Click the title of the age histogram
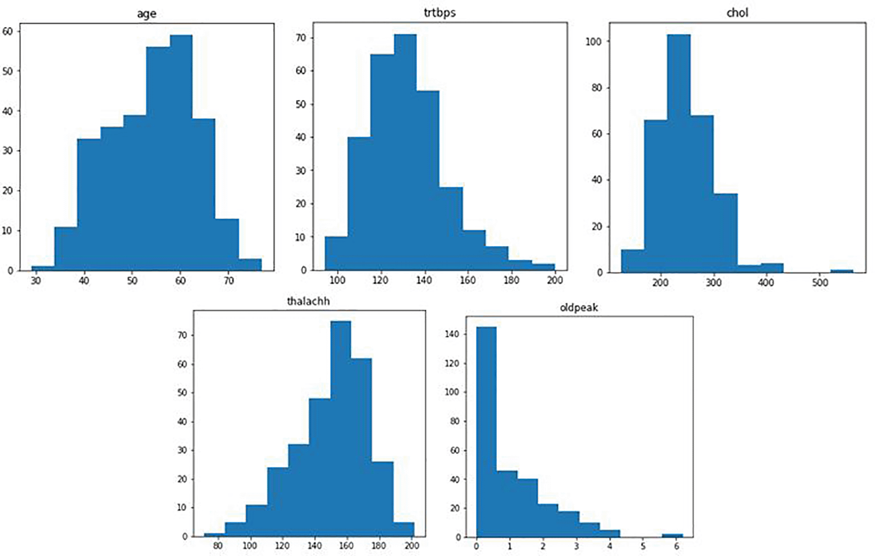pyautogui.click(x=146, y=14)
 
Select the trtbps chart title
pyautogui.click(x=440, y=13)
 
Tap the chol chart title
pyautogui.click(x=737, y=13)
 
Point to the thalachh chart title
pyautogui.click(x=308, y=301)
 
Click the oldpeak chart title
pyautogui.click(x=579, y=307)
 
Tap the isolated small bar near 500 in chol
pyautogui.click(x=841, y=271)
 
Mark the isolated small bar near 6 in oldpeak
pyautogui.click(x=672, y=535)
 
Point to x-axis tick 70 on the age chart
pyautogui.click(x=229, y=281)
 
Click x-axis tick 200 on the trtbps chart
pyautogui.click(x=555, y=280)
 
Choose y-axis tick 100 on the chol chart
pyautogui.click(x=593, y=41)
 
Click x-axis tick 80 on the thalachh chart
pyautogui.click(x=217, y=546)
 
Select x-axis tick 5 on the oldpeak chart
pyautogui.click(x=643, y=547)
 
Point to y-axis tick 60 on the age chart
pyautogui.click(x=8, y=31)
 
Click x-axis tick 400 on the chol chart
pyautogui.click(x=766, y=283)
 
